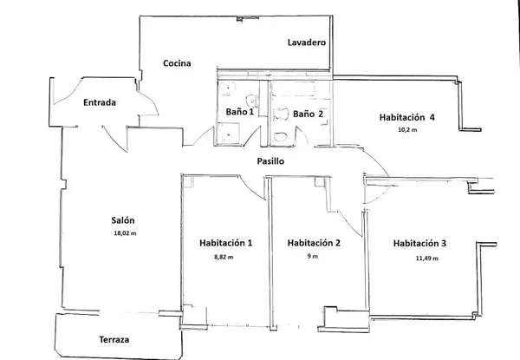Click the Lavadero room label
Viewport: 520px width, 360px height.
point(306,42)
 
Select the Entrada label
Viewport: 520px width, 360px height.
point(100,103)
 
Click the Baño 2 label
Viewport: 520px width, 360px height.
point(308,113)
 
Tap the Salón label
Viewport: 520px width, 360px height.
point(123,219)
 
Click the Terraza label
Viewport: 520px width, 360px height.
point(113,339)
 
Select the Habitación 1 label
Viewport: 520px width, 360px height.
point(225,243)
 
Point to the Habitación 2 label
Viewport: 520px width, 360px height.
point(313,243)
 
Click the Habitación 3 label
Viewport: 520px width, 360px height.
point(419,243)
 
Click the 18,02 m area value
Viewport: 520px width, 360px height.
point(125,233)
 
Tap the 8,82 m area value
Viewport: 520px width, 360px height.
point(224,258)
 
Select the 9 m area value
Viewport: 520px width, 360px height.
point(313,258)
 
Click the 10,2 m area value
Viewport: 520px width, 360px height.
point(407,130)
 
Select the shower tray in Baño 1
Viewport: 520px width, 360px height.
point(228,133)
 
